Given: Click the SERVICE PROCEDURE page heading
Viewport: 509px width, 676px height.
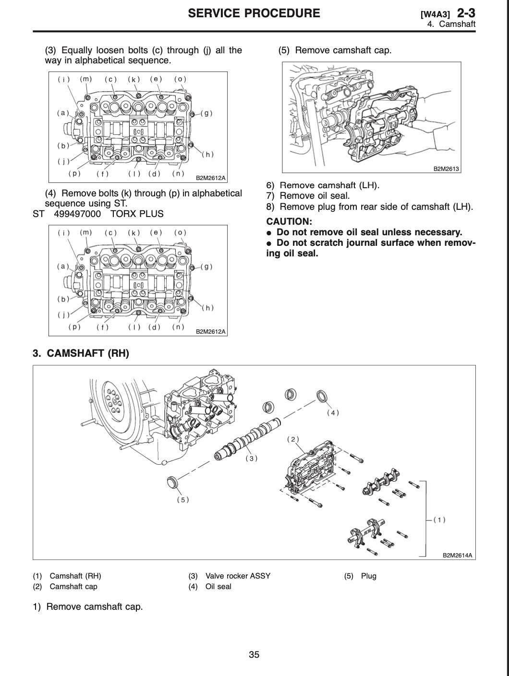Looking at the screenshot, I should point(254,13).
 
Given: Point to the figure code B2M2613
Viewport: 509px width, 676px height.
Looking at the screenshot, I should point(446,169).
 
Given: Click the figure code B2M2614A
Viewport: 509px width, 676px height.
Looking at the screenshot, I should point(457,555).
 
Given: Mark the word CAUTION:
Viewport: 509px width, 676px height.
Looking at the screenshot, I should point(289,222).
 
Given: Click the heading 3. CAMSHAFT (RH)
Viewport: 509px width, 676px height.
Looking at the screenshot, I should point(81,354).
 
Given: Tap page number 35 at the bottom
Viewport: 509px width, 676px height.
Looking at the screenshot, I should point(254,654).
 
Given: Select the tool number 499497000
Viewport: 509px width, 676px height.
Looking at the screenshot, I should point(77,214).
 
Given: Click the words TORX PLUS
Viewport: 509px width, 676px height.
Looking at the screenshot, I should point(137,214).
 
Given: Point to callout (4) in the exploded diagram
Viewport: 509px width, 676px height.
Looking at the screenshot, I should point(333,412).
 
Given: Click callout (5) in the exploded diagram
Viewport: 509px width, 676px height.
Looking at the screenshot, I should point(183,500).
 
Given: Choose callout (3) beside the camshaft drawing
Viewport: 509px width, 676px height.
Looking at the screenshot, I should point(252,459).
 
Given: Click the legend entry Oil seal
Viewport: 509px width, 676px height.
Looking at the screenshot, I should point(218,587).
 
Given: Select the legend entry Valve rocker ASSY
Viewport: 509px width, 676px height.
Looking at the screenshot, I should point(238,576).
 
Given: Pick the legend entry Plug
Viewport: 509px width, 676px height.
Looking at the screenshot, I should point(368,576).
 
